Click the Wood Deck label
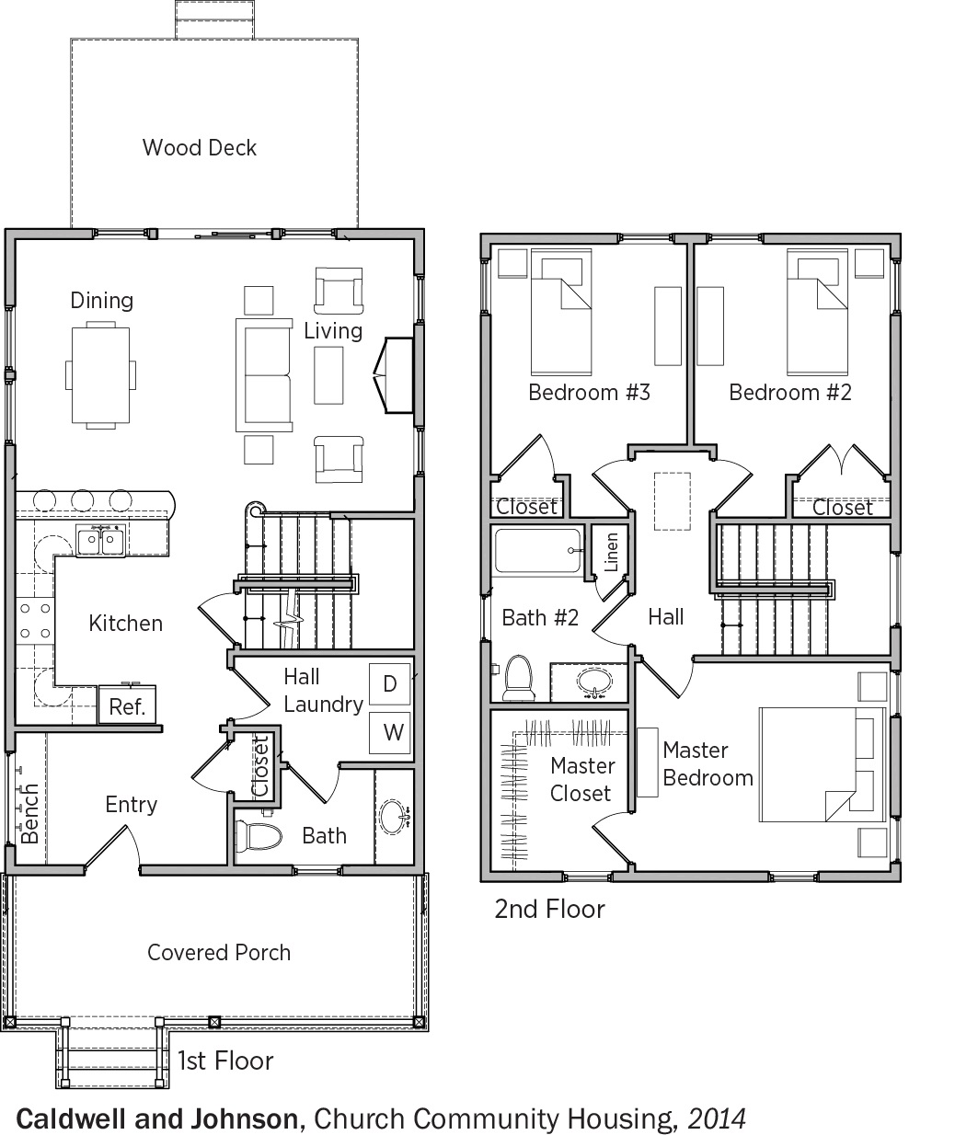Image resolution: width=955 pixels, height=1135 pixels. [199, 148]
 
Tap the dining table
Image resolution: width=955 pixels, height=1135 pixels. [100, 375]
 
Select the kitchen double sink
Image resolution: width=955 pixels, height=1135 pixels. [100, 540]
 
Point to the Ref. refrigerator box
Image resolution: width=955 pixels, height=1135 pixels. [127, 705]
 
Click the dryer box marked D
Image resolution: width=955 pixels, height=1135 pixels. [389, 683]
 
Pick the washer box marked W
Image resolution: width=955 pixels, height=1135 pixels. [389, 733]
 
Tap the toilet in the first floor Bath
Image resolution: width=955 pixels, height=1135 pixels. [259, 836]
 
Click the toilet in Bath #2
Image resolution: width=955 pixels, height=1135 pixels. [518, 679]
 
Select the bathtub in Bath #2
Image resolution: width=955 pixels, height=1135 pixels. [538, 551]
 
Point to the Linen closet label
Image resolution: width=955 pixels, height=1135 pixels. [611, 552]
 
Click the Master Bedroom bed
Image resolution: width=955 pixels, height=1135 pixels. [823, 764]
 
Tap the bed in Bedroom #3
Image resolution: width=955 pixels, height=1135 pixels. [560, 312]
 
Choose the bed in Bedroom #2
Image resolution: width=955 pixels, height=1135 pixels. [817, 312]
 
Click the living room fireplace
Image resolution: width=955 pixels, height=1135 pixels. [394, 375]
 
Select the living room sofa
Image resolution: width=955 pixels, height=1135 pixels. [264, 375]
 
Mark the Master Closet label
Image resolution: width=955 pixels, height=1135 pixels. [581, 779]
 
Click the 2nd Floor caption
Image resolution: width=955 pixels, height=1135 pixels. [549, 910]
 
